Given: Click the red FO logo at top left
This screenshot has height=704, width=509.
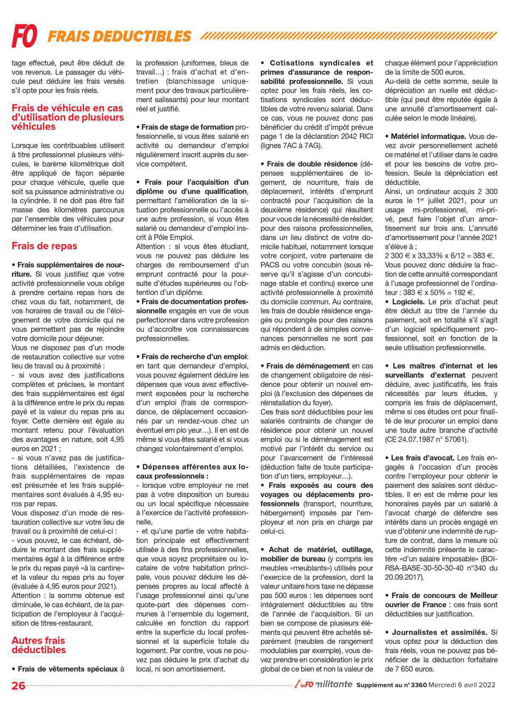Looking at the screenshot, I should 24,36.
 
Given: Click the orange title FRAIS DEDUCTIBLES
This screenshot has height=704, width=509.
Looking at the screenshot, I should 119,36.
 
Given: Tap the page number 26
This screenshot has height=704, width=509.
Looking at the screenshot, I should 19,685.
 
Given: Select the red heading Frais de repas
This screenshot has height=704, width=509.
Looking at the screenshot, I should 45,246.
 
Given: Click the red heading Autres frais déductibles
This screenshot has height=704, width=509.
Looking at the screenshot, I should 39,645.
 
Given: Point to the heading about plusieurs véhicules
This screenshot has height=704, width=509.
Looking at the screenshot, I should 68,117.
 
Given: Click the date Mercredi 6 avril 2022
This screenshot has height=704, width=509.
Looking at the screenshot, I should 462,685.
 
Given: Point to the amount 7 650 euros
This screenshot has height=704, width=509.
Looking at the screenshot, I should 409,669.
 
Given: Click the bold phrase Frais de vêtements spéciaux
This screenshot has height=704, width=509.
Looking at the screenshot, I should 67,669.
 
